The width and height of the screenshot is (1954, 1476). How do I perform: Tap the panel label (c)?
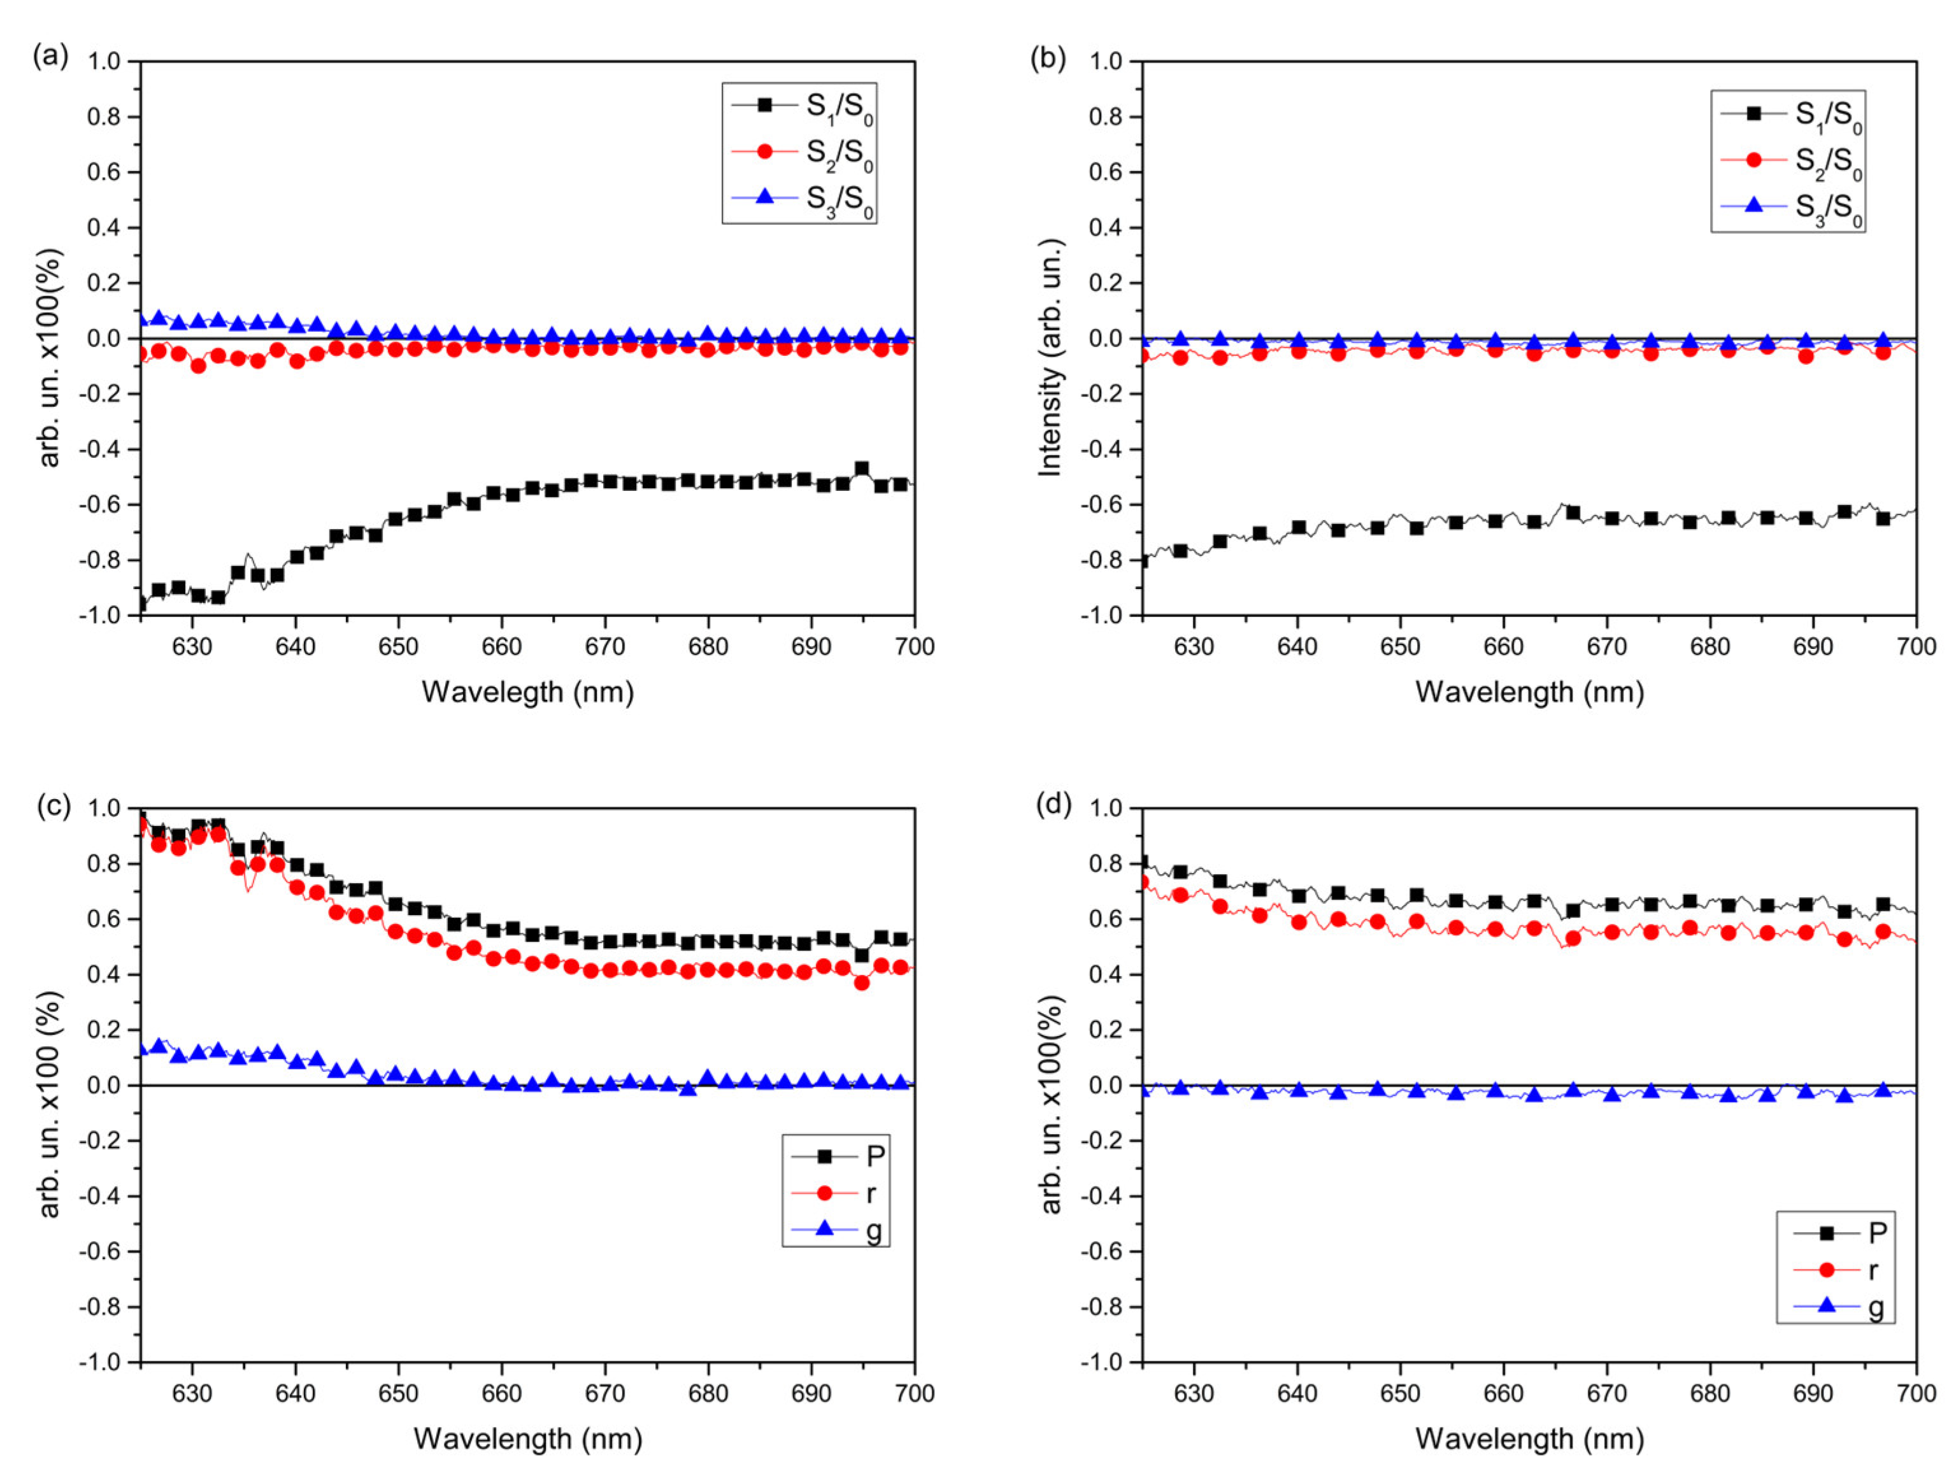pyautogui.click(x=53, y=805)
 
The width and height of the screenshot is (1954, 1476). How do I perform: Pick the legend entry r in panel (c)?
pyautogui.click(x=836, y=1193)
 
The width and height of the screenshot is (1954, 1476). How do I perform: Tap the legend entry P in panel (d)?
pyautogui.click(x=1837, y=1232)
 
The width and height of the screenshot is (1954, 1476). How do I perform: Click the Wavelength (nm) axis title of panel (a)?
pyautogui.click(x=527, y=692)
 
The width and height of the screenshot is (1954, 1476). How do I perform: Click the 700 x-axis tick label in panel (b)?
pyautogui.click(x=1916, y=646)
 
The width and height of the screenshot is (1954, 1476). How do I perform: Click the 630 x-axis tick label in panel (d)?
pyautogui.click(x=1194, y=1394)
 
